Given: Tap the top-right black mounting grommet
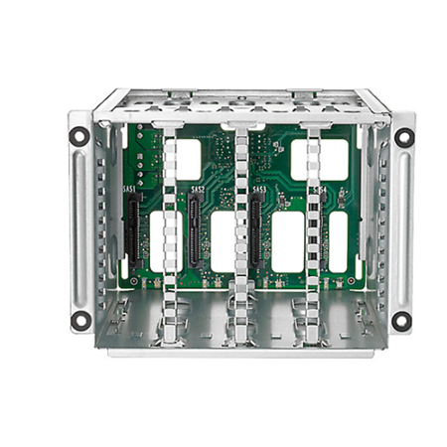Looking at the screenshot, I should coord(402,138).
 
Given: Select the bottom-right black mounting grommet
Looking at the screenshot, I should coord(401,320).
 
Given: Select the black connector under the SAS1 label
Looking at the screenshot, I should coord(130,230).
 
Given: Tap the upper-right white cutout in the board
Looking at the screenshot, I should coord(321,159).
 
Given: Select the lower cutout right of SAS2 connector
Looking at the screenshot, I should coord(222,241).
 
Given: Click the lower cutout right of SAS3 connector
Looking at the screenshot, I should coord(287,241).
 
